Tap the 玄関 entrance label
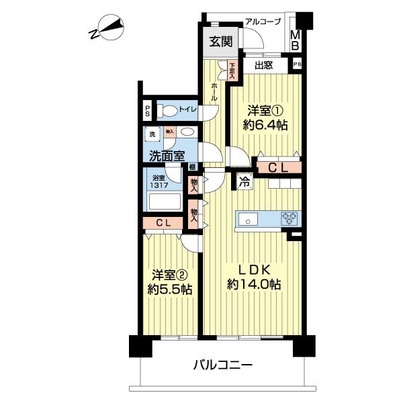click(x=220, y=42)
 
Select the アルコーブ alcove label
click(x=262, y=21)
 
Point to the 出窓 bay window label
click(x=263, y=65)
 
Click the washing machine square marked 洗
click(x=152, y=133)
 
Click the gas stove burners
click(x=289, y=218)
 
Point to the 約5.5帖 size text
click(x=171, y=289)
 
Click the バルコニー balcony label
click(x=222, y=366)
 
